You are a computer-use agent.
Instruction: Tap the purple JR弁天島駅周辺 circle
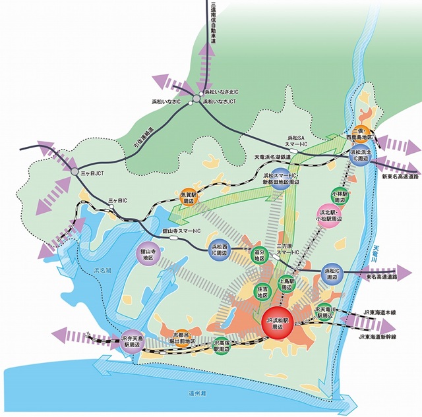tap(133, 341)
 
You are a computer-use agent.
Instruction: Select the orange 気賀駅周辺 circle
tap(189, 198)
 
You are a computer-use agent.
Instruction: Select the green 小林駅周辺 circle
tap(340, 195)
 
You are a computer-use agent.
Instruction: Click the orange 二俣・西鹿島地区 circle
tap(361, 135)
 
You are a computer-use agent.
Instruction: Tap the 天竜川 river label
tap(377, 255)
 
